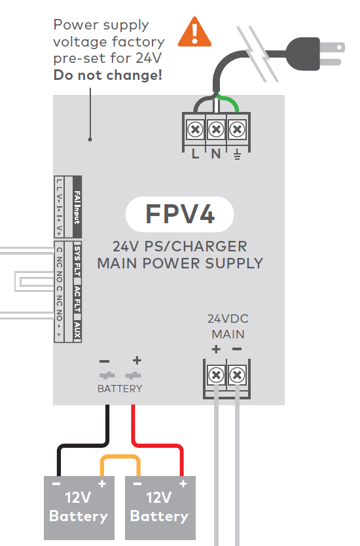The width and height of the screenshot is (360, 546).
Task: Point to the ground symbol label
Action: point(236,155)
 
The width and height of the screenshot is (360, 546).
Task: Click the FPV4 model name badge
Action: point(179,215)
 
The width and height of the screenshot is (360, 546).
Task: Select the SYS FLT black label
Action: point(77,261)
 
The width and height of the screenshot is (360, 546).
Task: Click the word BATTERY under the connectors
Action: point(120,388)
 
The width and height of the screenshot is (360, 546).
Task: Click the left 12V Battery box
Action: point(78,508)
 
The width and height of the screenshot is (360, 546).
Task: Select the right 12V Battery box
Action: point(159,508)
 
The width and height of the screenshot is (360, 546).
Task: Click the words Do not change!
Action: point(108,77)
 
